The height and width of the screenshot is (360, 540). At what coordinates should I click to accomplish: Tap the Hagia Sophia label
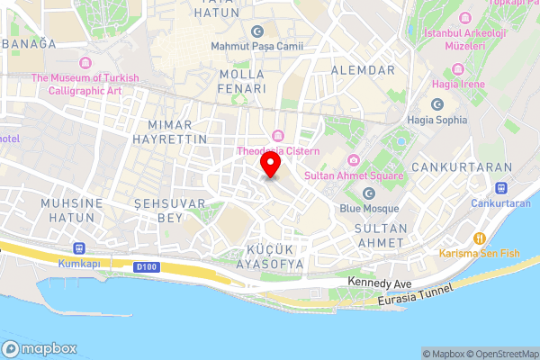pyautogui.click(x=437, y=118)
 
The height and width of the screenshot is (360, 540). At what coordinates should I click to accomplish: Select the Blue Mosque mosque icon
pyautogui.click(x=368, y=193)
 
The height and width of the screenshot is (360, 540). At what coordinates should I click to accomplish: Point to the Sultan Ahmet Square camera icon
pyautogui.click(x=354, y=160)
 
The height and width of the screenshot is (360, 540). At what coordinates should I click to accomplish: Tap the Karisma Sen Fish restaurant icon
pyautogui.click(x=480, y=238)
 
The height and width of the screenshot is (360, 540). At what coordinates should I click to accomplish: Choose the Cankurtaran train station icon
pyautogui.click(x=502, y=188)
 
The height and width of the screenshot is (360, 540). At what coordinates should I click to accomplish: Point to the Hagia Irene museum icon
pyautogui.click(x=459, y=69)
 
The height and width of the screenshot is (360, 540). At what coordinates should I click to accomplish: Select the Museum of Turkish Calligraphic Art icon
pyautogui.click(x=85, y=62)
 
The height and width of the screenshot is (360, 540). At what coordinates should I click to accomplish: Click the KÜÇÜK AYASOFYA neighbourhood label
pyautogui.click(x=274, y=256)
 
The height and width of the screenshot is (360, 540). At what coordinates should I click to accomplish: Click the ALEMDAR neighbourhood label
pyautogui.click(x=363, y=69)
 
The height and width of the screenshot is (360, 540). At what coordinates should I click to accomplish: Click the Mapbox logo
pyautogui.click(x=40, y=349)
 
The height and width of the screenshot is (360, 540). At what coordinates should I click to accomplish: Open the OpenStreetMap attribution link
pyautogui.click(x=499, y=354)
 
